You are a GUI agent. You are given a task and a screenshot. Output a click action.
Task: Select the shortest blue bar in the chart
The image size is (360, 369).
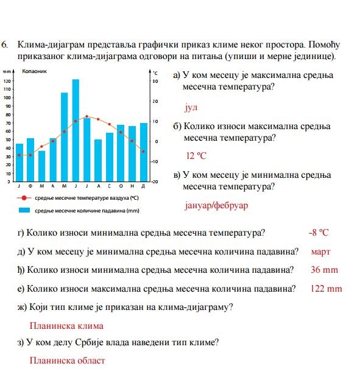[42, 166]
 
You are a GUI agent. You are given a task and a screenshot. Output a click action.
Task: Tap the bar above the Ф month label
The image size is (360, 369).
[30, 160]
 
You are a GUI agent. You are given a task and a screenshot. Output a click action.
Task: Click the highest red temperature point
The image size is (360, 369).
[87, 116]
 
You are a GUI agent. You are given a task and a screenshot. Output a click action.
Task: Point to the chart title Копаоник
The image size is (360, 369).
[34, 72]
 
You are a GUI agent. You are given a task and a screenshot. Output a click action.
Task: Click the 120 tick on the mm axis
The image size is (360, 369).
[7, 81]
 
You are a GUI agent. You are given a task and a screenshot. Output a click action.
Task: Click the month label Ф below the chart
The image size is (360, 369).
[30, 186]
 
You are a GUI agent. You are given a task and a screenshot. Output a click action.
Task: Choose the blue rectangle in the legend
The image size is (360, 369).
[24, 210]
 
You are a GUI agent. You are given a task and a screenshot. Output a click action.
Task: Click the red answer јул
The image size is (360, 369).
[192, 107]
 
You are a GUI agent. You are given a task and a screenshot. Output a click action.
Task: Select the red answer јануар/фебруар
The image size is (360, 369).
[216, 205]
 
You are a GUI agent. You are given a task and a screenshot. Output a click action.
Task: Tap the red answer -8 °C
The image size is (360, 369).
[319, 232]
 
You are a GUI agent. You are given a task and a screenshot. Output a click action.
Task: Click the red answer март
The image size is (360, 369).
[320, 251]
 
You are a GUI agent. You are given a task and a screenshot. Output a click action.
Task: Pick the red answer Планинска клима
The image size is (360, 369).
[66, 326]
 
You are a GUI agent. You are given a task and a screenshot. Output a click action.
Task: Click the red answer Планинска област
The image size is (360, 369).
[67, 360]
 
